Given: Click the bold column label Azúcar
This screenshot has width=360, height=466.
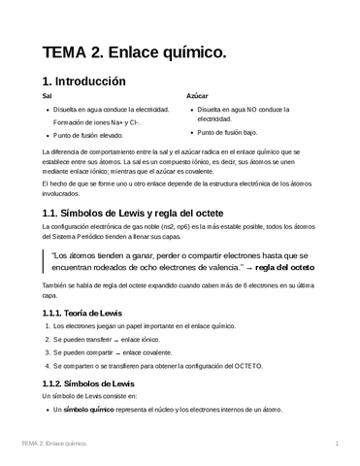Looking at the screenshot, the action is (x=197, y=97).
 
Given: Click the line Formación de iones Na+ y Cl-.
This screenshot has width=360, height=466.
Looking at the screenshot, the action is (x=95, y=122).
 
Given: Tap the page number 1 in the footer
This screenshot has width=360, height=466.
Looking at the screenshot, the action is (x=336, y=444).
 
